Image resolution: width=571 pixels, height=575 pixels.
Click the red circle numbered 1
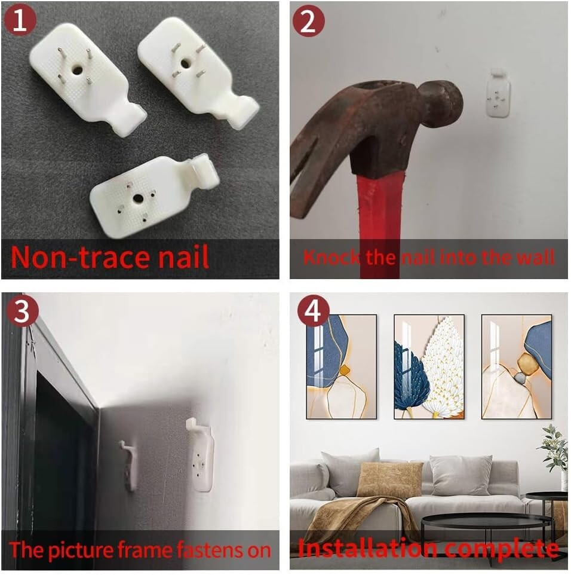(x=20, y=20)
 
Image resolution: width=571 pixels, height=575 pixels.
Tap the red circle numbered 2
(x=308, y=20)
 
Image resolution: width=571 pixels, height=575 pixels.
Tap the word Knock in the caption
(x=331, y=257)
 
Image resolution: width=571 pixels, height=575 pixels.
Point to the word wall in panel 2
(x=536, y=257)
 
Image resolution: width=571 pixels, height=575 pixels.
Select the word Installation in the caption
(x=367, y=549)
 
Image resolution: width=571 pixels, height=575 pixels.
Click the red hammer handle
(x=380, y=227)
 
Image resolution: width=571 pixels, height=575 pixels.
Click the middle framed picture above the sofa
(x=429, y=366)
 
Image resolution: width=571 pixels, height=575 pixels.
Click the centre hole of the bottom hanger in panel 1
(x=138, y=199)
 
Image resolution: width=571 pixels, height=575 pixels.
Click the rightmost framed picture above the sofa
(x=517, y=366)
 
